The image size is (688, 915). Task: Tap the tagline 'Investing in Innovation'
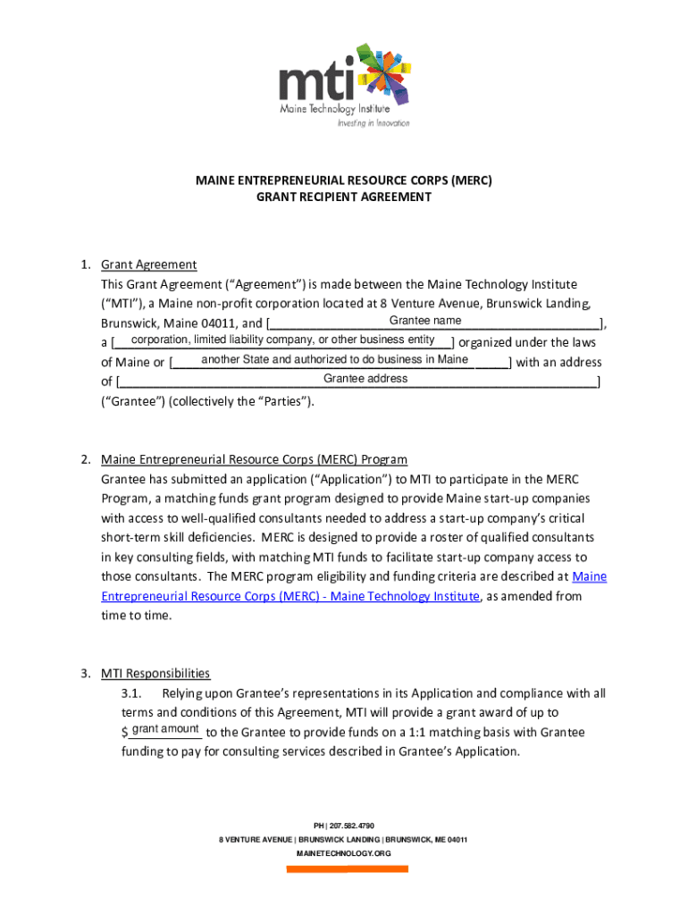(x=373, y=123)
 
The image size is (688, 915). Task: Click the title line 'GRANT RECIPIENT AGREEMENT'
(x=344, y=197)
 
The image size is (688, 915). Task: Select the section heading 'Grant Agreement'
(x=148, y=264)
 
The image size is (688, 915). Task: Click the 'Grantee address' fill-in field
(x=365, y=379)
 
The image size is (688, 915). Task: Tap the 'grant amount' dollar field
(x=164, y=730)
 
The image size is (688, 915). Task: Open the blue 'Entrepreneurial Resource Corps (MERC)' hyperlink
(x=290, y=596)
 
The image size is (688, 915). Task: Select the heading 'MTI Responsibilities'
(x=155, y=674)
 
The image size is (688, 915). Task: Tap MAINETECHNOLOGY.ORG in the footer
(x=343, y=853)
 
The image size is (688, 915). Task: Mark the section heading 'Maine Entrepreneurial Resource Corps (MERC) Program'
(x=254, y=459)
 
